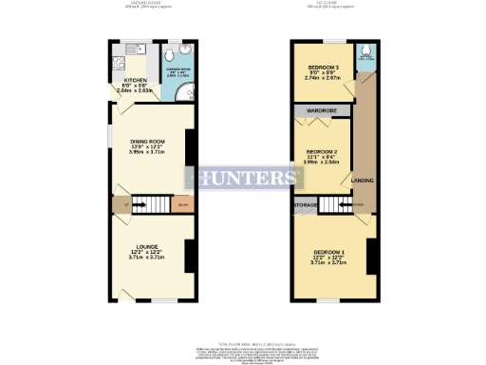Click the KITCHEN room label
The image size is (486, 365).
pyautogui.click(x=136, y=81)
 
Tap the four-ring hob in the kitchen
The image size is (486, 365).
pyautogui.click(x=120, y=65)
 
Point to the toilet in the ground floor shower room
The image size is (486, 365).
pyautogui.click(x=178, y=54)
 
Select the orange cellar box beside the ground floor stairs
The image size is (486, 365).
pyautogui.click(x=182, y=203)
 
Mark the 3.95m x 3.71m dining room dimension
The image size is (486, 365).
pyautogui.click(x=148, y=151)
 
